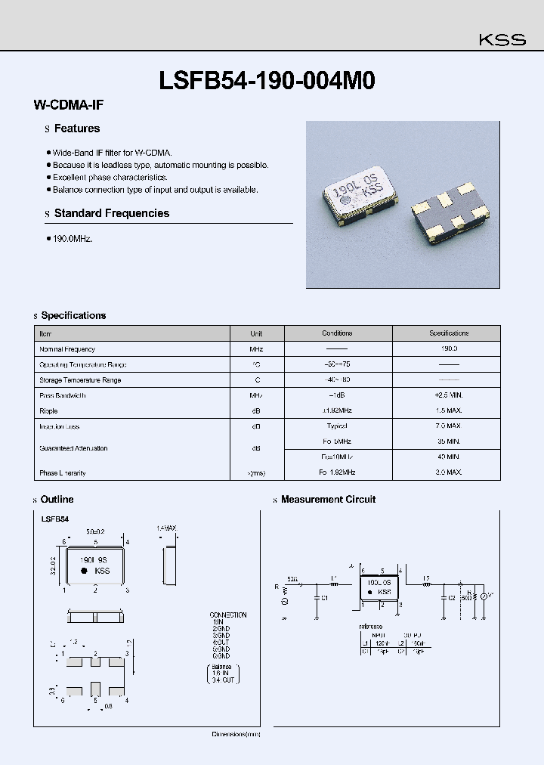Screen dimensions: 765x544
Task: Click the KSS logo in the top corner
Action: coord(502,40)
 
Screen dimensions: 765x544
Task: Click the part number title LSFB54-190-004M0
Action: coord(267,81)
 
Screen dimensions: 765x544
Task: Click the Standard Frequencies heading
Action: coord(111,213)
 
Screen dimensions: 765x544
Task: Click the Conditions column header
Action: coord(337,333)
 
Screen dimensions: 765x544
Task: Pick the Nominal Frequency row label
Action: coord(67,349)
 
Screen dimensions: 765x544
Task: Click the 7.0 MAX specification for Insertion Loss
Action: coord(449,426)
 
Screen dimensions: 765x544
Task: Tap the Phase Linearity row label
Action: coord(63,472)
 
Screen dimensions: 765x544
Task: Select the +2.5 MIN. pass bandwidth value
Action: coord(449,395)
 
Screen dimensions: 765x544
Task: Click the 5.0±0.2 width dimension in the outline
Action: coord(95,532)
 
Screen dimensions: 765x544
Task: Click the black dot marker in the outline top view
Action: coord(85,571)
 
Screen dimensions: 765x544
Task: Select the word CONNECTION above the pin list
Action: coord(228,615)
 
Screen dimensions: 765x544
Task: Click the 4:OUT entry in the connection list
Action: coord(221,642)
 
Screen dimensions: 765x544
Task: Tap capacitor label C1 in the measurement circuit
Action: coord(324,597)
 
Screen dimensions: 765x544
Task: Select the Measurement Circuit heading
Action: coord(327,500)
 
